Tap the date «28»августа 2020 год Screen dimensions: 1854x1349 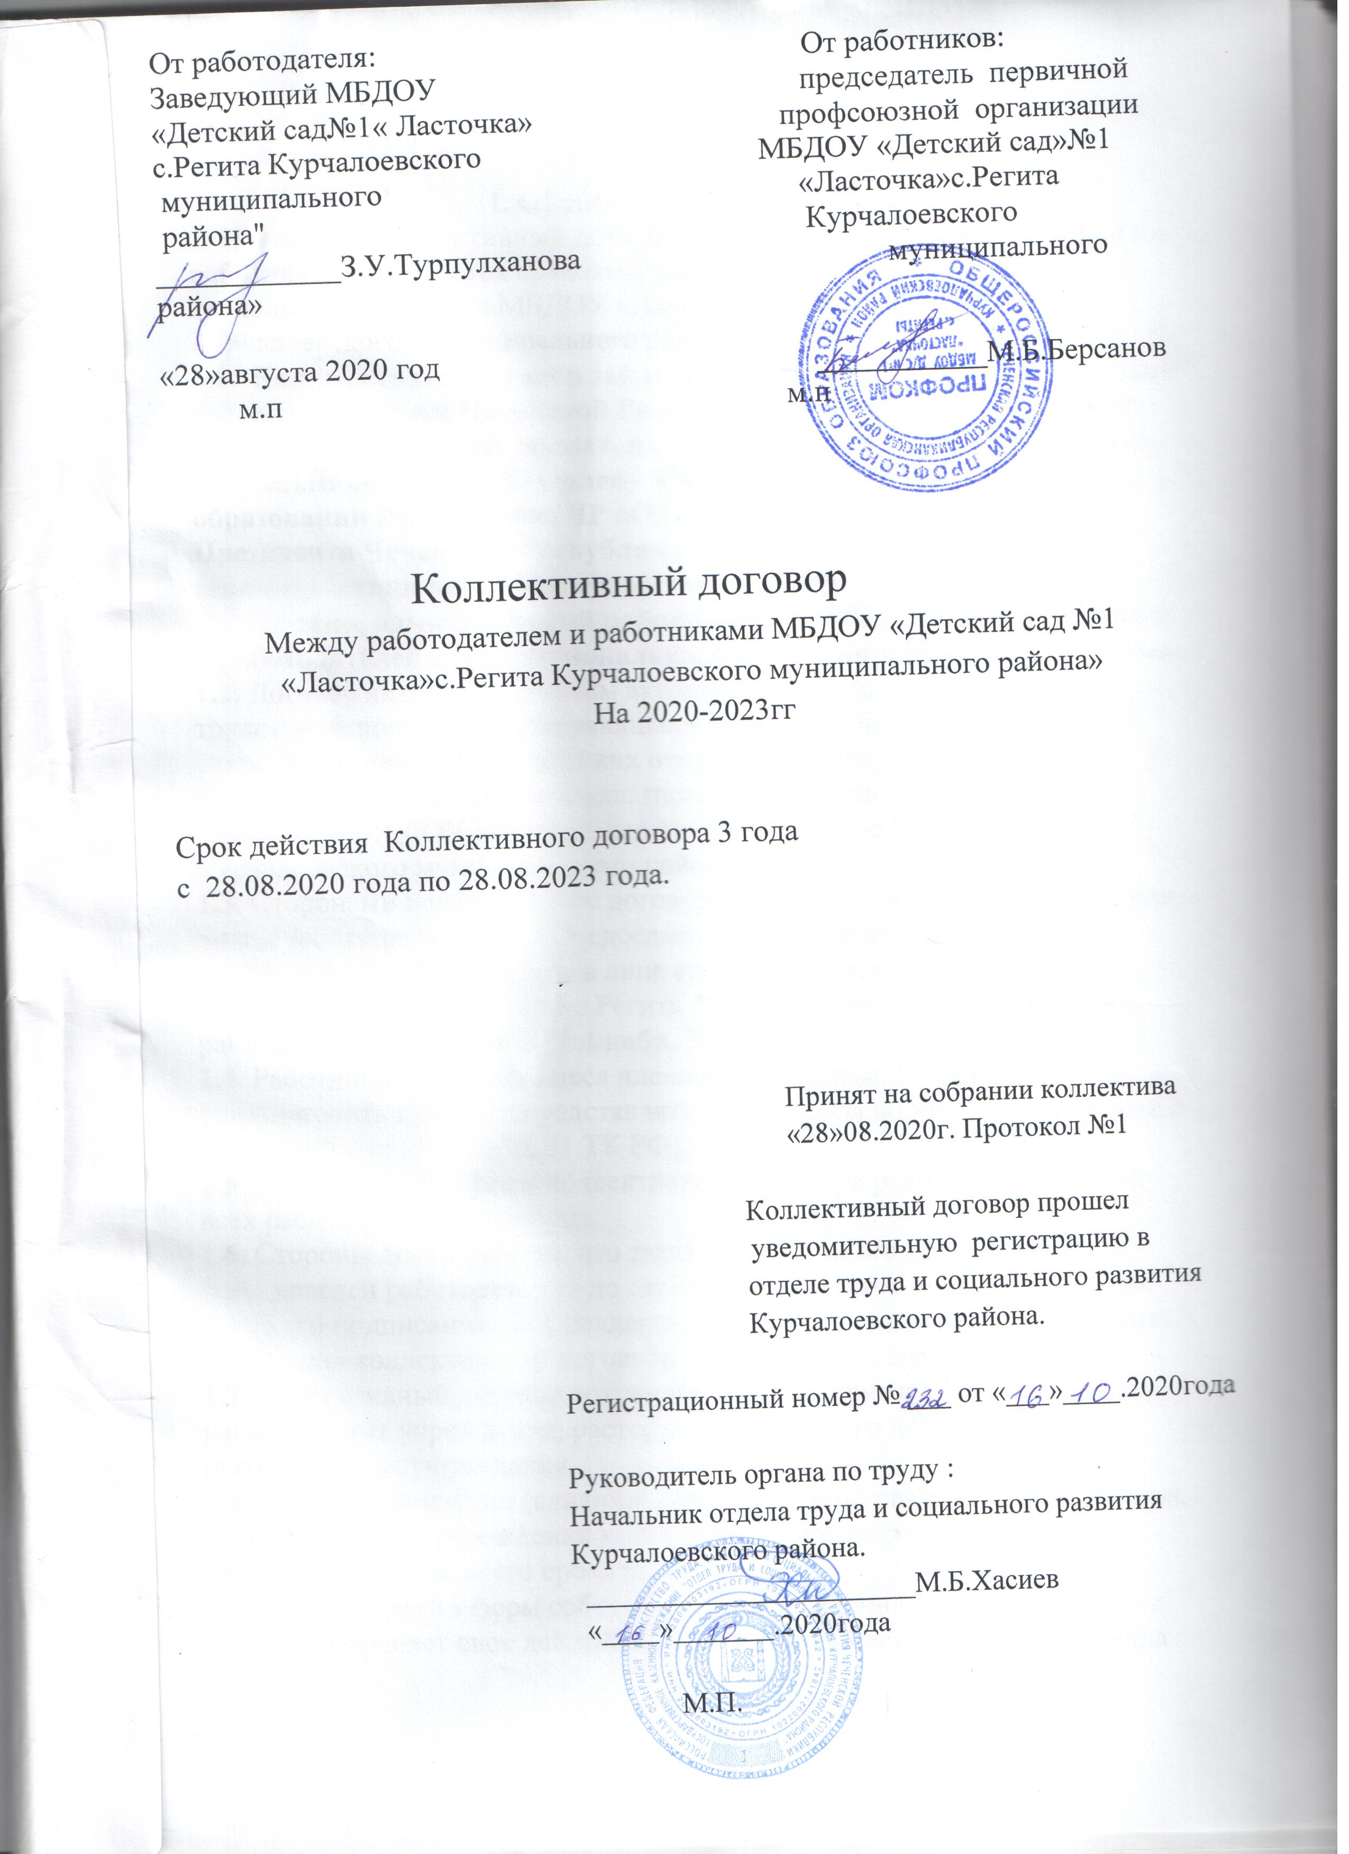(x=301, y=370)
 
